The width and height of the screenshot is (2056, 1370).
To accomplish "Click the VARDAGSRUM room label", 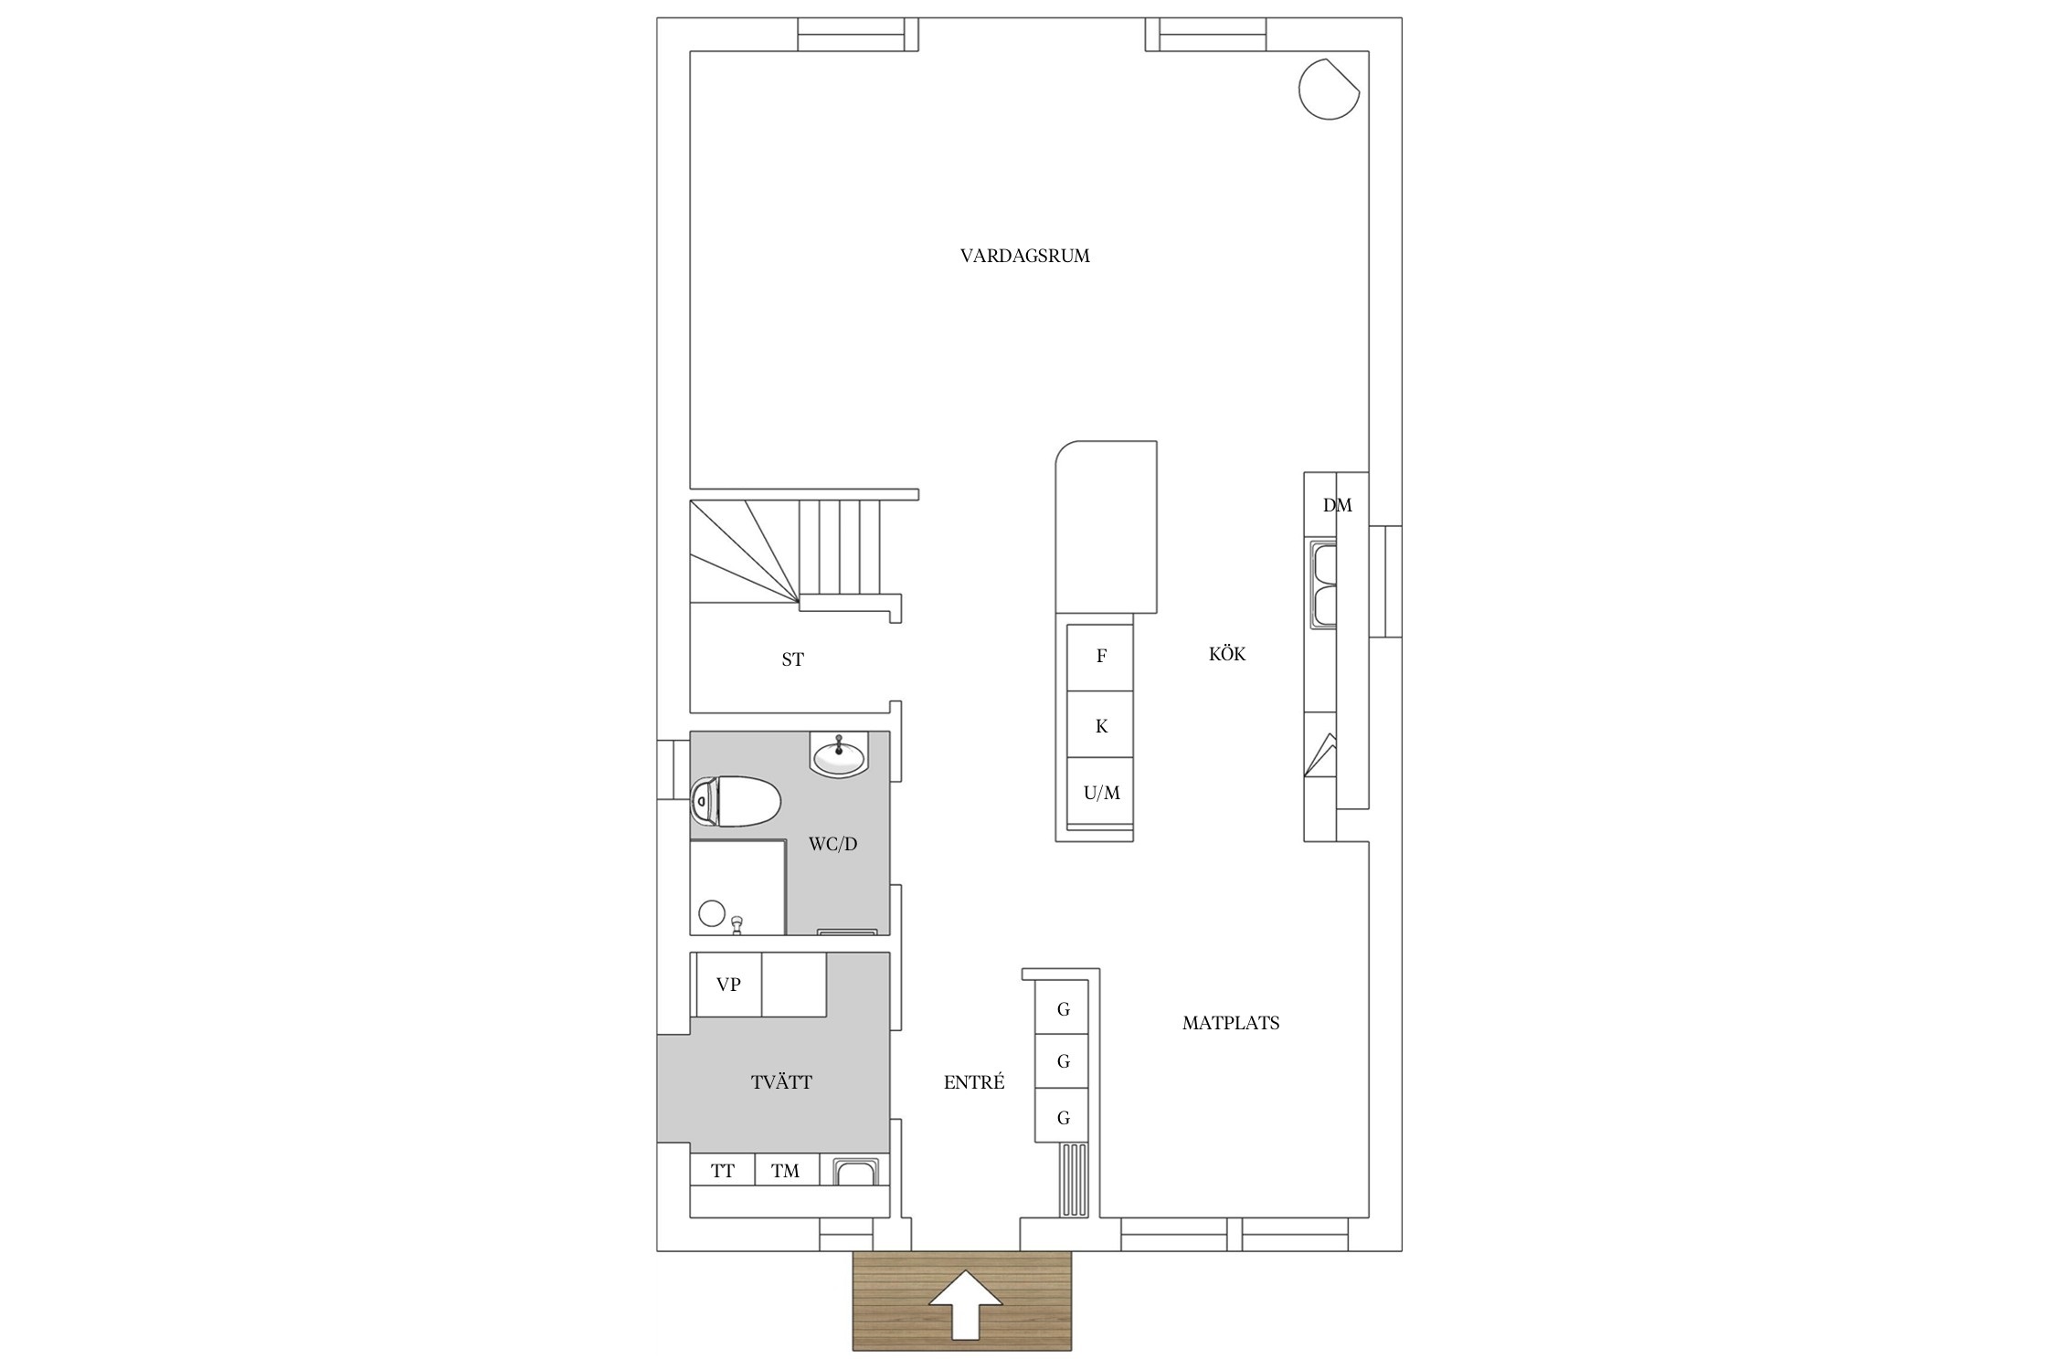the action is [1024, 256].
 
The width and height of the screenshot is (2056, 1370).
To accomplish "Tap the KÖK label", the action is [1227, 654].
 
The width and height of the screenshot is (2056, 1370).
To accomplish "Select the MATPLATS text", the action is [1231, 1023].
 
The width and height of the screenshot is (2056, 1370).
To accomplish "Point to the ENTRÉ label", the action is [974, 1082].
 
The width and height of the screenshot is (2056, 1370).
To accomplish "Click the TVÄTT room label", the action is [781, 1082].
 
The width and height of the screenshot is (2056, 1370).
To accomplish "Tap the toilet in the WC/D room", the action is [736, 801].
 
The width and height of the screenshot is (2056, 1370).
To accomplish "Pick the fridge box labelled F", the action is [1101, 657].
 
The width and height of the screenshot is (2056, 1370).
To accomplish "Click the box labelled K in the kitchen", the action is [1101, 724].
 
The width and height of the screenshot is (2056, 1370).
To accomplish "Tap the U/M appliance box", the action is [1101, 791].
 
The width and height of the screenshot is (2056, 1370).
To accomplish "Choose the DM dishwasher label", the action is [1337, 505].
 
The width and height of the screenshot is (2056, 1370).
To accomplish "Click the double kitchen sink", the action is [1324, 585].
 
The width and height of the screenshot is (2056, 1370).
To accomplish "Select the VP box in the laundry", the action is [728, 985].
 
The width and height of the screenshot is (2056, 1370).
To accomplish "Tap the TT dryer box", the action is [723, 1170].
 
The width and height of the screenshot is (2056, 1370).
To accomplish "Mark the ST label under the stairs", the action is [792, 659].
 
